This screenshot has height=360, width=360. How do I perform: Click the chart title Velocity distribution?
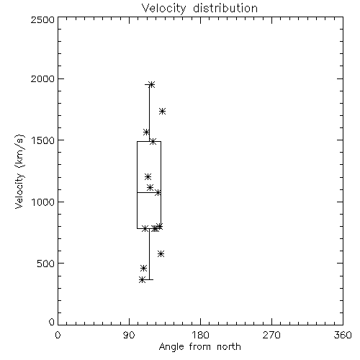tap(199, 9)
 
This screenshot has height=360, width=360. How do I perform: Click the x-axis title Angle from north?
tap(199, 347)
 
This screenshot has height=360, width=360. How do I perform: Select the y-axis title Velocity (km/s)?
tap(19, 171)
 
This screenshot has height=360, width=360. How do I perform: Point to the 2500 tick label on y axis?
tap(43, 19)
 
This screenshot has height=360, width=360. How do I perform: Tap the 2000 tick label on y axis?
tap(43, 78)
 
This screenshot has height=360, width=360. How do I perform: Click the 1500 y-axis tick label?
tap(43, 140)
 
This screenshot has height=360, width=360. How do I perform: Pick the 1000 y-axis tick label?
tap(43, 202)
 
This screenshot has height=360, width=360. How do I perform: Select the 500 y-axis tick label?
tap(46, 264)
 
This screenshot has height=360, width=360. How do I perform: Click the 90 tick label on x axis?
tap(129, 335)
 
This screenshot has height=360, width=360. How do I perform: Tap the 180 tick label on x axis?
tap(200, 335)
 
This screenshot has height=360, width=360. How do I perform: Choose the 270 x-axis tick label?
tap(271, 335)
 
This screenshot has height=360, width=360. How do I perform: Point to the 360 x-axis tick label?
tap(343, 335)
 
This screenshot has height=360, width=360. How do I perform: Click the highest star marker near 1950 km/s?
tap(152, 84)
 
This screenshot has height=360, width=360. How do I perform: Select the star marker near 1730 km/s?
tap(163, 111)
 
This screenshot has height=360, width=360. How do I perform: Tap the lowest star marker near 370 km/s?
tap(142, 279)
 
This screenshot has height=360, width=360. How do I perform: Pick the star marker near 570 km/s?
tap(161, 253)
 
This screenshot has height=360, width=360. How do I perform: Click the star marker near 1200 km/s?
tap(148, 177)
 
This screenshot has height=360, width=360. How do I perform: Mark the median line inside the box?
tap(149, 192)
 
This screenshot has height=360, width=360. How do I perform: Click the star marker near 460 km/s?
tap(143, 268)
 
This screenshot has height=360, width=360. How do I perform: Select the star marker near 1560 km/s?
tap(146, 132)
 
